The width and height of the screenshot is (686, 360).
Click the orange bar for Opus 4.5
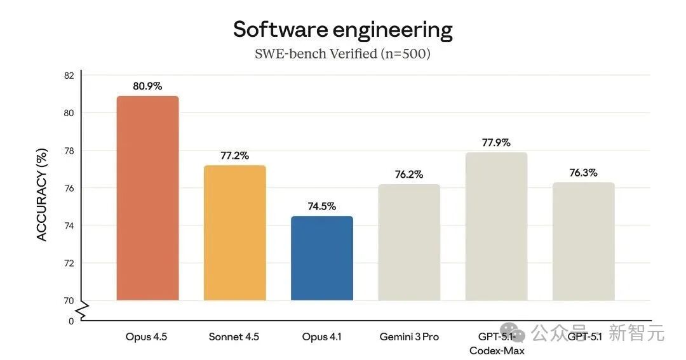147,198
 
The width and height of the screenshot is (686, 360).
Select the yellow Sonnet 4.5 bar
234,232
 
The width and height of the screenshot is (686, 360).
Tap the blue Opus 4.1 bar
321,258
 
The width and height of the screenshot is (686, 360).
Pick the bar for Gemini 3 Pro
408,242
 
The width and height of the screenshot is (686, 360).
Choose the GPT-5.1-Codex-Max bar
496,226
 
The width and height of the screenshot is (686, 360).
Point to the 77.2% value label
234,155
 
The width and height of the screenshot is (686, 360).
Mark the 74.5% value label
321,206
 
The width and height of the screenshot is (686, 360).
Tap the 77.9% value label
496,142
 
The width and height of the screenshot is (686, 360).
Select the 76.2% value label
408,174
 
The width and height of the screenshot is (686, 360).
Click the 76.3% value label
583,172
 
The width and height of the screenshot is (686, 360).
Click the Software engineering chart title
342,29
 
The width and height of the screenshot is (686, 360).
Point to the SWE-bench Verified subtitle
342,54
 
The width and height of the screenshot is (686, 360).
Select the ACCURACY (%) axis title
42,196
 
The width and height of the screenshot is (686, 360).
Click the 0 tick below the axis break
71,321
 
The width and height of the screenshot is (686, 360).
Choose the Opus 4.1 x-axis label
322,337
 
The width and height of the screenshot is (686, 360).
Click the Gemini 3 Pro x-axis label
408,337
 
